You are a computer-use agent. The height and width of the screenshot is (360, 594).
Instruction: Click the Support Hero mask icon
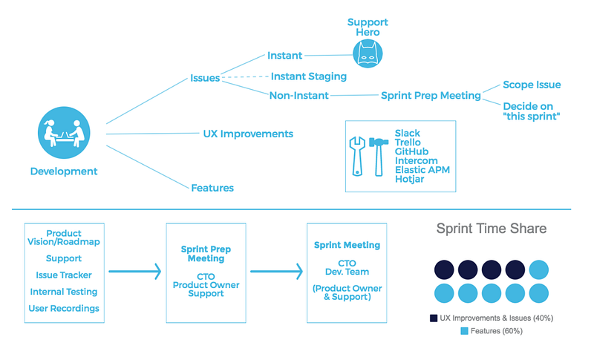pyautogui.click(x=368, y=53)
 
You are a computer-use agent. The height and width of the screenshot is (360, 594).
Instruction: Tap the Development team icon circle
pyautogui.click(x=64, y=132)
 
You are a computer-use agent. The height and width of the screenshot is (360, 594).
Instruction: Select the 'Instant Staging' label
pyautogui.click(x=309, y=76)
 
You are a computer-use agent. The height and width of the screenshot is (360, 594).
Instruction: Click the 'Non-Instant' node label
pyautogui.click(x=299, y=96)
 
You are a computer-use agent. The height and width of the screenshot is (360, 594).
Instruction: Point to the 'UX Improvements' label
pyautogui.click(x=248, y=134)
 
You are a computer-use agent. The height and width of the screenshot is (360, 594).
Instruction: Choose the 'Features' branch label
pyautogui.click(x=212, y=188)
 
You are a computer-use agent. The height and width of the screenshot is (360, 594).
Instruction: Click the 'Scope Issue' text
pyautogui.click(x=532, y=85)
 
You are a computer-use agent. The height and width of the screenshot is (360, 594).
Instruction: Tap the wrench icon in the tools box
pyautogui.click(x=357, y=157)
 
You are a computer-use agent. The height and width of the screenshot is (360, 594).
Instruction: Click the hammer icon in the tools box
pyautogui.click(x=379, y=157)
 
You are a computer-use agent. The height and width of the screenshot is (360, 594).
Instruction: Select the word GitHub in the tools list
pyautogui.click(x=411, y=151)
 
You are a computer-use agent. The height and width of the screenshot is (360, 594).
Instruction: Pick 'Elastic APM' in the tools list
pyautogui.click(x=422, y=169)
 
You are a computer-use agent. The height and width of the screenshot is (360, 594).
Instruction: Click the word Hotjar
pyautogui.click(x=410, y=179)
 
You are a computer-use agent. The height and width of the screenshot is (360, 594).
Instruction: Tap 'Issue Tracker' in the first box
pyautogui.click(x=64, y=275)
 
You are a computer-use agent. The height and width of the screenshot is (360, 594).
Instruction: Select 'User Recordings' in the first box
pyautogui.click(x=64, y=309)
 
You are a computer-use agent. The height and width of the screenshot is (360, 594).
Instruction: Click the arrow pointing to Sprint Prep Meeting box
pyautogui.click(x=135, y=272)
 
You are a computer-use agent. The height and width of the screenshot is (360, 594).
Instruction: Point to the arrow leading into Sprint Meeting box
pyautogui.click(x=276, y=272)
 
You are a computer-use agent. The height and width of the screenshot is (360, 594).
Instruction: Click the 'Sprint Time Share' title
pyautogui.click(x=492, y=229)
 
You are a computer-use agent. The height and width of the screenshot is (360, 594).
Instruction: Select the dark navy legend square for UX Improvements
pyautogui.click(x=434, y=318)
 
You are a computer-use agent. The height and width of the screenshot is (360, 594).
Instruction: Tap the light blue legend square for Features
pyautogui.click(x=465, y=331)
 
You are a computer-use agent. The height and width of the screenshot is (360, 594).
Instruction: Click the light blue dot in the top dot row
pyautogui.click(x=539, y=270)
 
